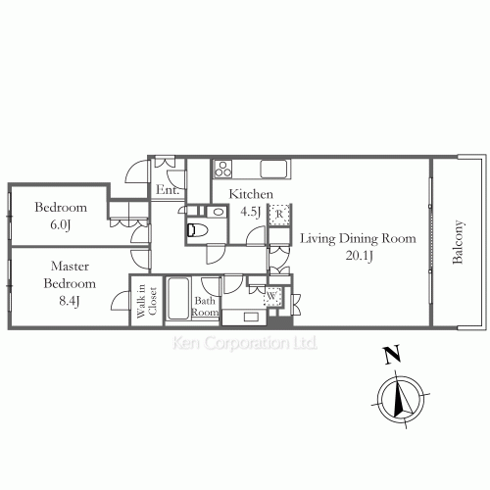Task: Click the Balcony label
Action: (458, 242)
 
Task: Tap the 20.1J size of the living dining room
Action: (360, 256)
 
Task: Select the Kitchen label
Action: (251, 194)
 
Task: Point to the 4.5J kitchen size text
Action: (251, 212)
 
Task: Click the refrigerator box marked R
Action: (279, 215)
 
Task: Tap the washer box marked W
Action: (271, 296)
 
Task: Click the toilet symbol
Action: (197, 229)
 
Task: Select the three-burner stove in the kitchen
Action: (222, 169)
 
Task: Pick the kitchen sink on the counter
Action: (274, 169)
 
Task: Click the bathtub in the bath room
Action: (177, 298)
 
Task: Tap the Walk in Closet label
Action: (147, 301)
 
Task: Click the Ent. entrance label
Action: (168, 190)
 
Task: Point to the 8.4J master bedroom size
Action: (70, 301)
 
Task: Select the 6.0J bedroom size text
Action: (61, 224)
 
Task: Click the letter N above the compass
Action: (392, 355)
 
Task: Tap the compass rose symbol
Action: (401, 399)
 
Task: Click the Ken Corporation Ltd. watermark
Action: (245, 343)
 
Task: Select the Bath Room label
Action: (205, 306)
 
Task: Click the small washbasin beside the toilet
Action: (218, 212)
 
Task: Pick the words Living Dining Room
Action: (358, 239)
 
